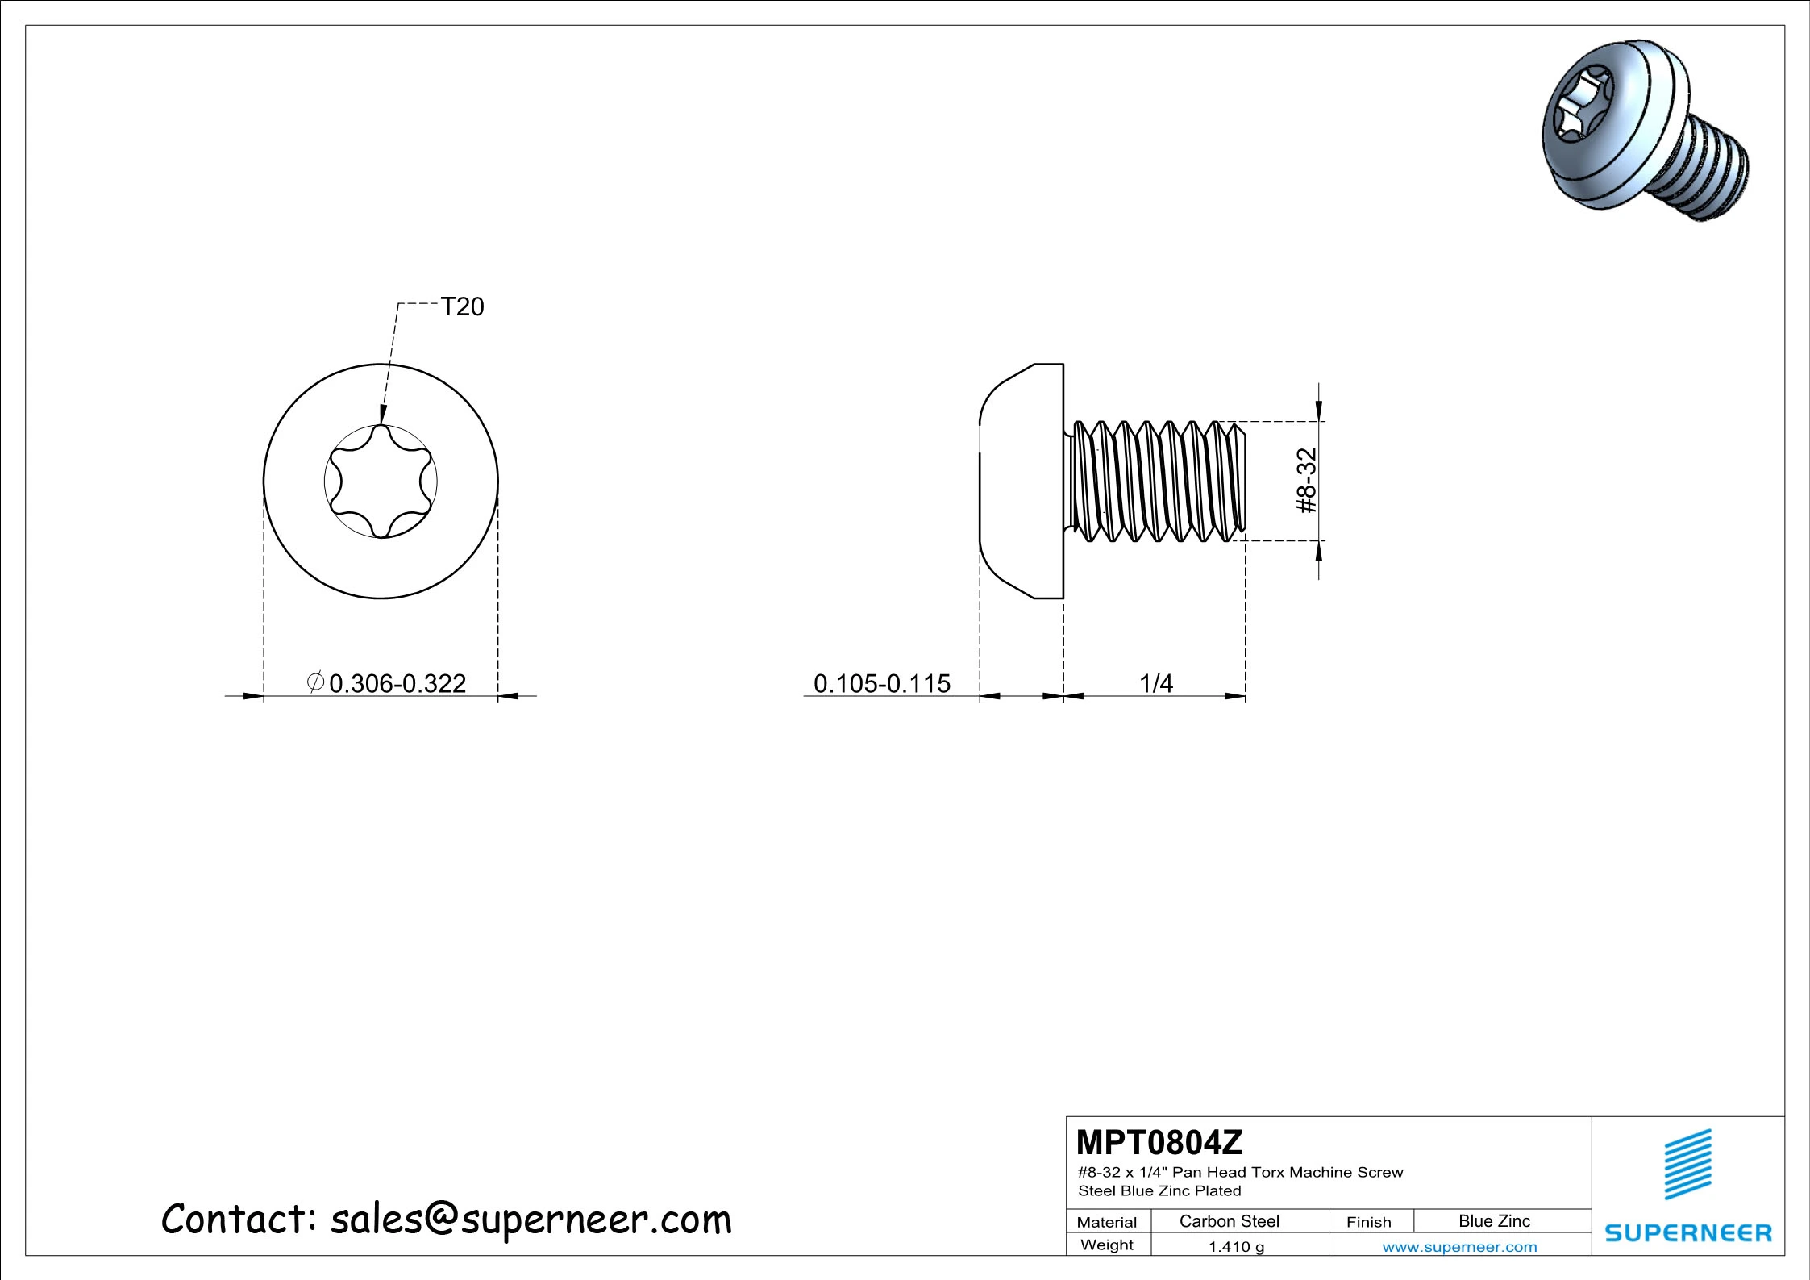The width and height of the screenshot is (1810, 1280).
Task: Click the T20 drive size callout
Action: coord(462,306)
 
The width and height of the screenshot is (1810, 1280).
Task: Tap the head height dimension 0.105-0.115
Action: coord(882,683)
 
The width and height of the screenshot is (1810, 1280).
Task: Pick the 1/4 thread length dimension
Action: coord(1156,683)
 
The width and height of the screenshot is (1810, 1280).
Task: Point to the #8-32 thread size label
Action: coord(1306,481)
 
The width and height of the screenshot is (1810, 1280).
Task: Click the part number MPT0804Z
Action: coord(1159,1142)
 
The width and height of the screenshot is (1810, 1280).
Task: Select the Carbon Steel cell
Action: coord(1230,1221)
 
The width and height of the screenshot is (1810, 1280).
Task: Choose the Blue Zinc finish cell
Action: coord(1494,1221)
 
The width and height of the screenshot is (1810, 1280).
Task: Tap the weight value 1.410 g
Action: coord(1237,1247)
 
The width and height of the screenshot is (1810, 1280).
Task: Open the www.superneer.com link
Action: coord(1460,1247)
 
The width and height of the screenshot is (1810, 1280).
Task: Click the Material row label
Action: coord(1107,1222)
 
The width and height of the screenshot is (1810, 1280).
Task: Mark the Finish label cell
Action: coord(1369,1222)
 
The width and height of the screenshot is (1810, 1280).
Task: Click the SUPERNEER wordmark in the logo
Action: coord(1688,1232)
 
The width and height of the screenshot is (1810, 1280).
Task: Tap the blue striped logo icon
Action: coord(1688,1164)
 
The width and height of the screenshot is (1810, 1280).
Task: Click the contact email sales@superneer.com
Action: coord(531,1219)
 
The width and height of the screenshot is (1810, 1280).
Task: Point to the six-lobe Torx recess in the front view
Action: coord(381,482)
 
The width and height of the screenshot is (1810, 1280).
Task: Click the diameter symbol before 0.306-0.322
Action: coord(316,682)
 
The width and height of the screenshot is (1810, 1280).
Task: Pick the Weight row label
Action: coord(1107,1245)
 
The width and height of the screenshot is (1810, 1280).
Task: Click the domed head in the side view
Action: coord(1022,482)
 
